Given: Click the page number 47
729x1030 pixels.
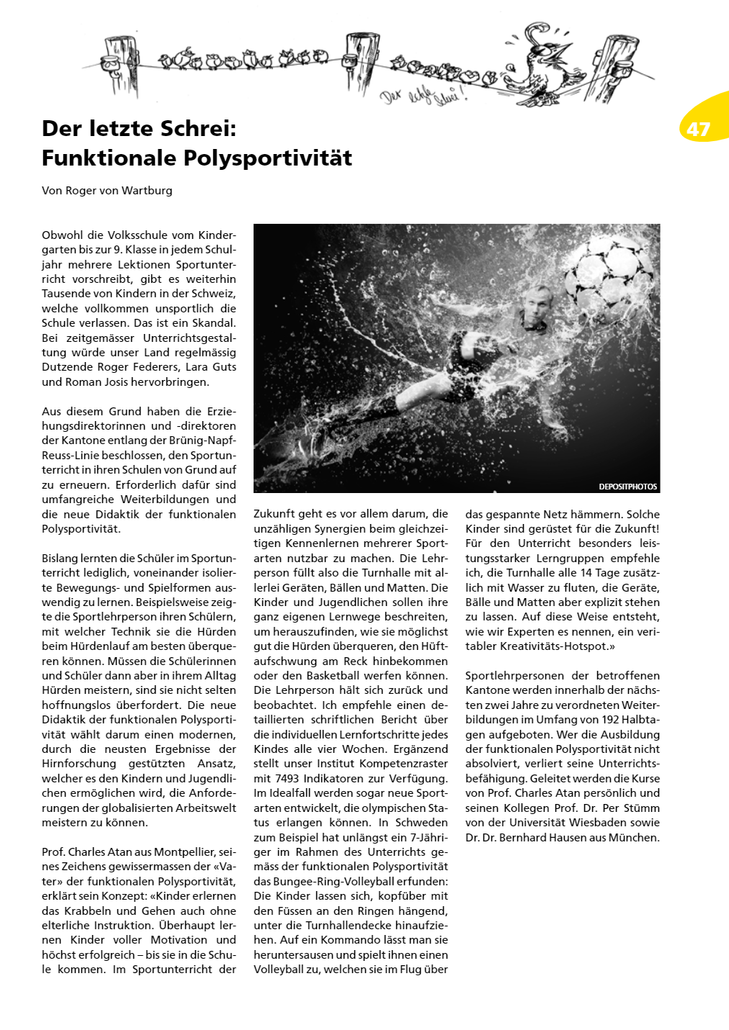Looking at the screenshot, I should (698, 130).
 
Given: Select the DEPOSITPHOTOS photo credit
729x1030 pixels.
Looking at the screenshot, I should (627, 487).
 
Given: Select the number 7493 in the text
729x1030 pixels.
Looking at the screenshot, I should (291, 779).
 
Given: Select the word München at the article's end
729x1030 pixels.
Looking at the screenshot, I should (638, 838).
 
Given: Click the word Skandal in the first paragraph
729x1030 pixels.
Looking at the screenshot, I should (212, 323).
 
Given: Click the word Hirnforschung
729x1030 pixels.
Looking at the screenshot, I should (79, 764).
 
